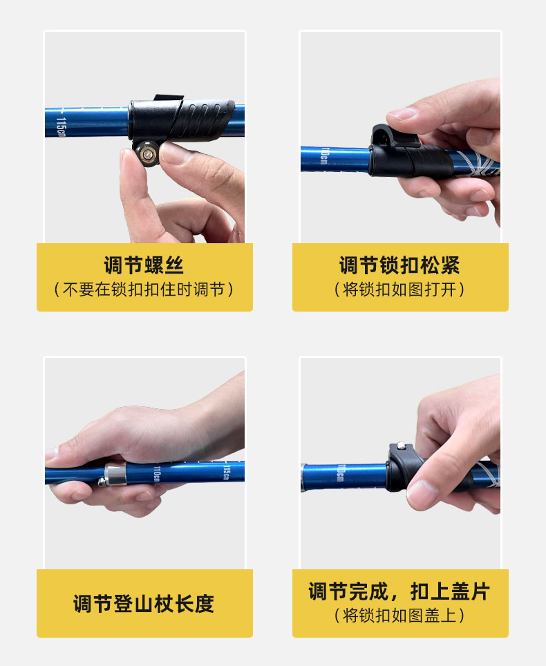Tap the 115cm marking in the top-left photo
click(61, 127)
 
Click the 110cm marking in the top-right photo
click(324, 156)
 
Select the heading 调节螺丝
click(144, 265)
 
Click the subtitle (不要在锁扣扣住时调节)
click(144, 289)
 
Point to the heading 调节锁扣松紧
click(400, 265)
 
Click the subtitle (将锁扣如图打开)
click(400, 289)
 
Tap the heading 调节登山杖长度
click(144, 604)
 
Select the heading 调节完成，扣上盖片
click(400, 591)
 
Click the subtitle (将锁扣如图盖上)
click(400, 616)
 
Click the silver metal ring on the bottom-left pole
click(115, 474)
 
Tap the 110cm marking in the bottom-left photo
click(157, 473)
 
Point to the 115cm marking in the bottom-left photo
click(227, 472)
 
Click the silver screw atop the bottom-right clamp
click(400, 446)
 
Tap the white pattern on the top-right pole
click(478, 163)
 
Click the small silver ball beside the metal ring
click(102, 482)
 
